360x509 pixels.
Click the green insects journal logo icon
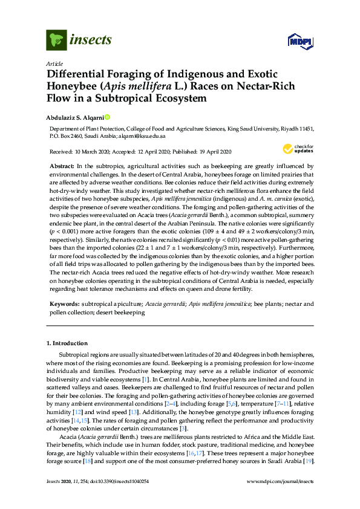(56, 41)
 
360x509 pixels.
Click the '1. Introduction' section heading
(68, 343)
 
